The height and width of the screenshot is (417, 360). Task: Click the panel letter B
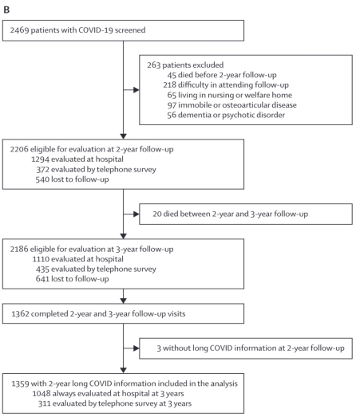(x=6, y=10)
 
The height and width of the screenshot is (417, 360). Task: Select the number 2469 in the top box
(x=19, y=30)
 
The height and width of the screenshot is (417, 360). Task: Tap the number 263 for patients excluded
(x=153, y=65)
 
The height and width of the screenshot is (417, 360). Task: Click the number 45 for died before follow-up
(x=172, y=75)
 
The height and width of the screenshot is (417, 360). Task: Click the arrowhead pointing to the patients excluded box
(x=136, y=90)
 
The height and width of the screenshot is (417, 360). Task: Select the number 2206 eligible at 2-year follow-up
(x=19, y=149)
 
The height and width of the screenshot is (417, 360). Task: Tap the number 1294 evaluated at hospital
(x=40, y=159)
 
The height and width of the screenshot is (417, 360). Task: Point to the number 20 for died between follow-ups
(x=157, y=214)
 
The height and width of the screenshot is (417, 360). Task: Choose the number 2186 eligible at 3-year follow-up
(x=19, y=250)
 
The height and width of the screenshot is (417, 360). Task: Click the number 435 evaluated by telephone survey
(x=42, y=269)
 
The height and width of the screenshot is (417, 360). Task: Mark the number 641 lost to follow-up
(x=42, y=279)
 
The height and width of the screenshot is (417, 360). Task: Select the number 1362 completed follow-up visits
(x=20, y=314)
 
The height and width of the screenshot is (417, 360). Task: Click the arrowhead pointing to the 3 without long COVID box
(x=136, y=348)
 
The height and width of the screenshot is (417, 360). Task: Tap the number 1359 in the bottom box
(x=20, y=384)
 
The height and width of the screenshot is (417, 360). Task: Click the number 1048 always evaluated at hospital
(x=42, y=394)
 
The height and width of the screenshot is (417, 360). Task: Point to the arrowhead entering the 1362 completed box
(x=123, y=301)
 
